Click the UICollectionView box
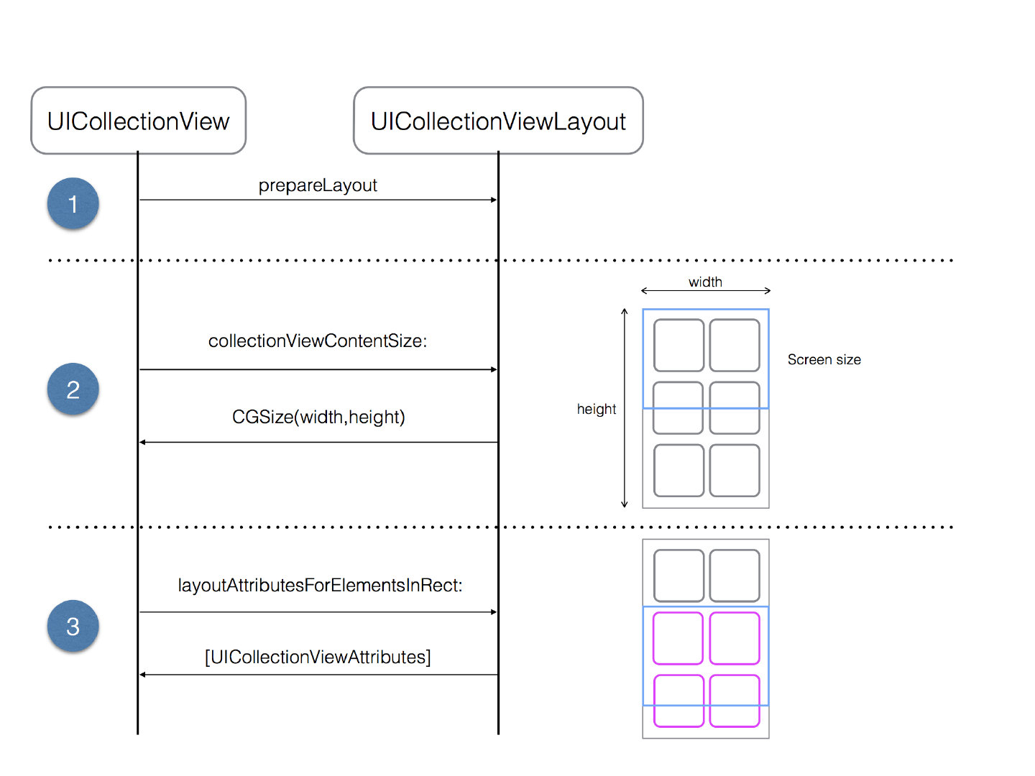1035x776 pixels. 138,121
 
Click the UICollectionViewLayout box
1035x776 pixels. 498,121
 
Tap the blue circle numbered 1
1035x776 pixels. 73,204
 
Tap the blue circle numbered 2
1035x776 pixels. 73,389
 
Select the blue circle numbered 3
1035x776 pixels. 73,627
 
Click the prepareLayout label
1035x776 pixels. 318,185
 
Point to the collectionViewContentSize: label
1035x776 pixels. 318,341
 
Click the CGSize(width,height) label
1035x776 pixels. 318,417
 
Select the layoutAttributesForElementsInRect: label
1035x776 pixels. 320,585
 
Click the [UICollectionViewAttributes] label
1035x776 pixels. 318,657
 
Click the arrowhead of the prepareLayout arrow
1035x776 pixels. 494,200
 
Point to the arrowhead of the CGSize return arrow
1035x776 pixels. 143,442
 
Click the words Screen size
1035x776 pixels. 824,359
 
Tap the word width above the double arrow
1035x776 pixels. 705,282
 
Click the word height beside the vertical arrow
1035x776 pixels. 597,409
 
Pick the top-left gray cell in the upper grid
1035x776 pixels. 678,345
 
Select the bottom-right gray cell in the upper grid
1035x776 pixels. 735,470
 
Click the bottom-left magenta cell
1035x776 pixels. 678,701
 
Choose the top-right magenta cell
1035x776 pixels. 735,638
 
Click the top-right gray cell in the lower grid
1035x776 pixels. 735,576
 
